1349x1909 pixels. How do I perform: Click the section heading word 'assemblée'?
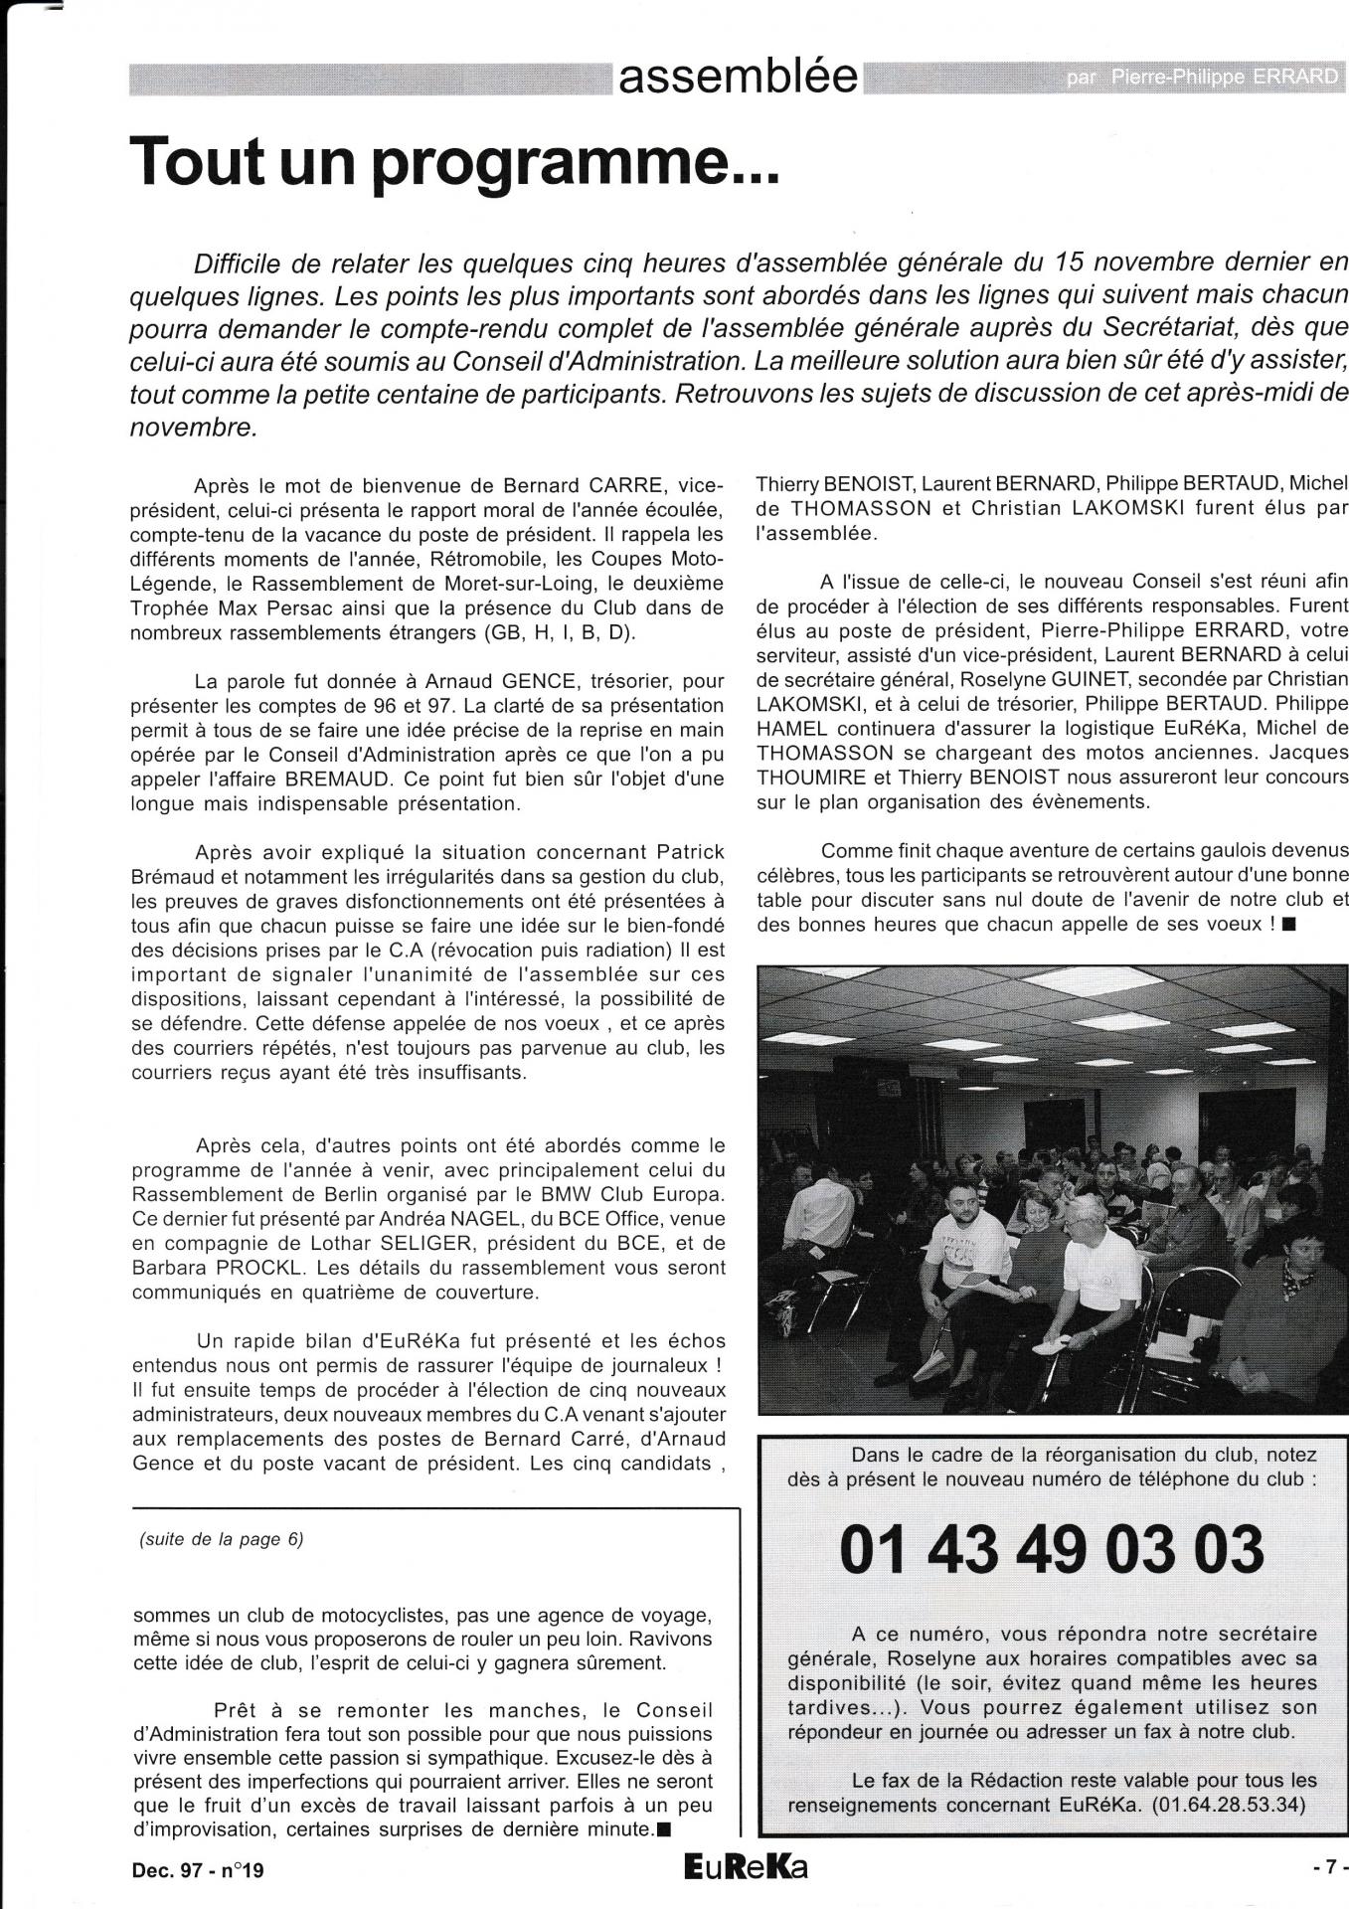tap(738, 77)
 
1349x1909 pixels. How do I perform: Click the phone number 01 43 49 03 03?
tap(1052, 1549)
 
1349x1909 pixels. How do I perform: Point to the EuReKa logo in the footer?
tap(746, 1868)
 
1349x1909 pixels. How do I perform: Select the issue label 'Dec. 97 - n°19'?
tap(198, 1870)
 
